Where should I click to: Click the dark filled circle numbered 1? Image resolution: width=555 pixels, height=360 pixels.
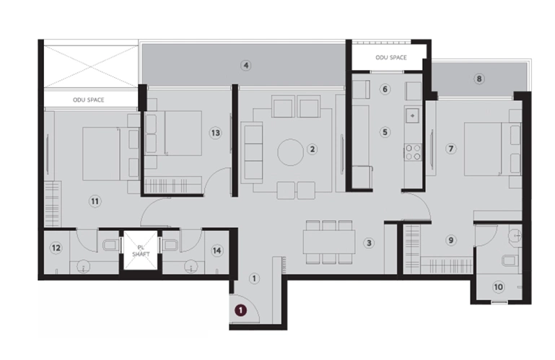pyautogui.click(x=240, y=310)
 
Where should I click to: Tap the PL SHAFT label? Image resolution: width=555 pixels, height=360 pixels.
pyautogui.click(x=141, y=251)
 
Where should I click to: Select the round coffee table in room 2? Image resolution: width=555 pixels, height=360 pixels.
pyautogui.click(x=290, y=152)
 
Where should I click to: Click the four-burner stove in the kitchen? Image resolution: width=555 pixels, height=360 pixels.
pyautogui.click(x=413, y=152)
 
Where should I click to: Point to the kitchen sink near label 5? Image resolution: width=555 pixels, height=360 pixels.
pyautogui.click(x=412, y=115)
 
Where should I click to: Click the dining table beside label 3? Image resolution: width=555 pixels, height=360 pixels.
pyautogui.click(x=329, y=242)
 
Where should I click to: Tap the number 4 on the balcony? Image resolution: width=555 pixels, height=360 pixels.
pyautogui.click(x=245, y=66)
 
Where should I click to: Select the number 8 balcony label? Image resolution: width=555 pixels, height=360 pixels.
pyautogui.click(x=479, y=79)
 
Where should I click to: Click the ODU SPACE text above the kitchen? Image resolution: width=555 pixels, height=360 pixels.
pyautogui.click(x=391, y=57)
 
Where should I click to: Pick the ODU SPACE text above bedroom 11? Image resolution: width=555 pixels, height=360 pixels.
pyautogui.click(x=89, y=100)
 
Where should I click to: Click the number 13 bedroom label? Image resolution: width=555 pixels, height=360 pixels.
pyautogui.click(x=215, y=133)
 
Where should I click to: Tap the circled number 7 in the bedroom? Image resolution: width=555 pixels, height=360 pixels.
pyautogui.click(x=450, y=149)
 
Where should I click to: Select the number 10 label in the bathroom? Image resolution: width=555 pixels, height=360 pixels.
pyautogui.click(x=499, y=286)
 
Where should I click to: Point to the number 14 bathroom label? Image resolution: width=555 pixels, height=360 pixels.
pyautogui.click(x=217, y=250)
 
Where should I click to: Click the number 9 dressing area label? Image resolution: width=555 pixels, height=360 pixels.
pyautogui.click(x=450, y=240)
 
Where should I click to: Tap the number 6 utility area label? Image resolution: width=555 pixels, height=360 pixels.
pyautogui.click(x=385, y=89)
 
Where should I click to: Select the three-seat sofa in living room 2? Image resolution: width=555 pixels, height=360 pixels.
pyautogui.click(x=251, y=152)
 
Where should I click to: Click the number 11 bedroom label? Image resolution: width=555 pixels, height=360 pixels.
pyautogui.click(x=95, y=201)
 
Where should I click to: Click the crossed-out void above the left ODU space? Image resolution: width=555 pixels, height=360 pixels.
pyautogui.click(x=91, y=66)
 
